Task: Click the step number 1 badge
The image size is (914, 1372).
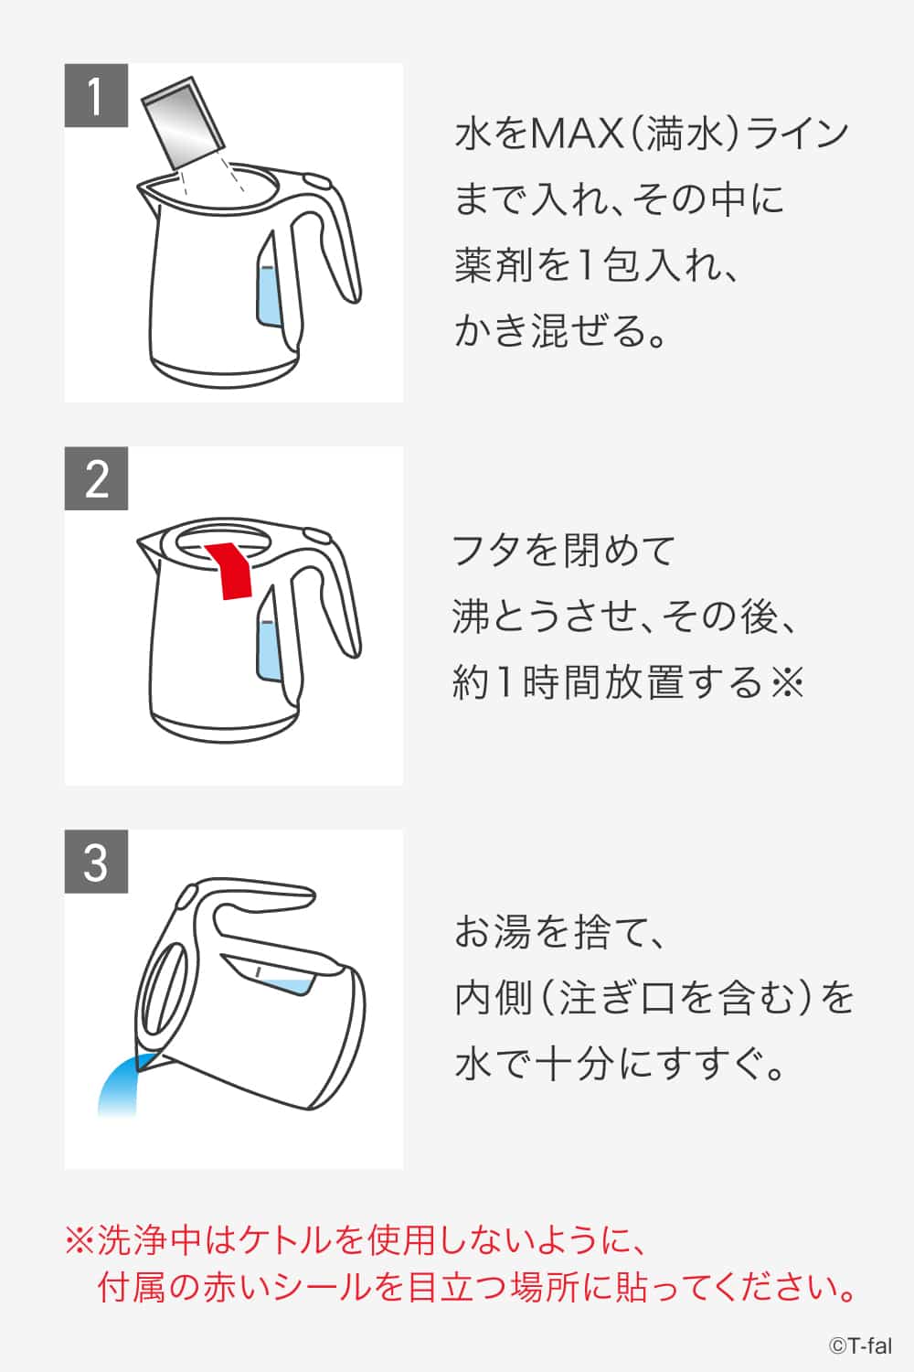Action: (x=96, y=95)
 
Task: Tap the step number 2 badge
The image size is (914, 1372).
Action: (x=96, y=478)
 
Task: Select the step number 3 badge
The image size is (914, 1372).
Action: (x=96, y=862)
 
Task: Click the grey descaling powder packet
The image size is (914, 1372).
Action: (x=184, y=123)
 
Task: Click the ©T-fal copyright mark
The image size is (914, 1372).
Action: (x=860, y=1345)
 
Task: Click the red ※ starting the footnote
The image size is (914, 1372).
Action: (x=80, y=1241)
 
